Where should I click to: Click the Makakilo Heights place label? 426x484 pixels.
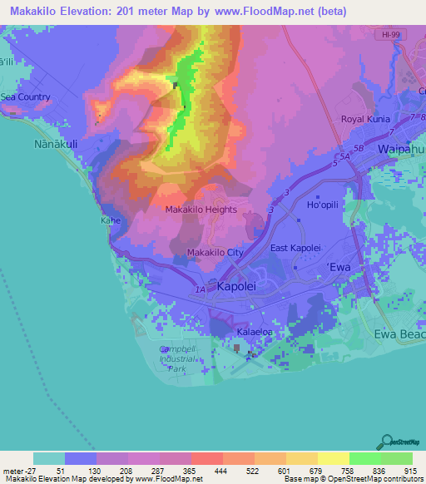point(201,210)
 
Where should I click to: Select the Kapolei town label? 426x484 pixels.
point(239,286)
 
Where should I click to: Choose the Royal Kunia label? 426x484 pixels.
point(364,119)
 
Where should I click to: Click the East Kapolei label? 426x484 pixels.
point(296,249)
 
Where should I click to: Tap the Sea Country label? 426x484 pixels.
point(25,97)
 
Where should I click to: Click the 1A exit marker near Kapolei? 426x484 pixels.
point(201,289)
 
